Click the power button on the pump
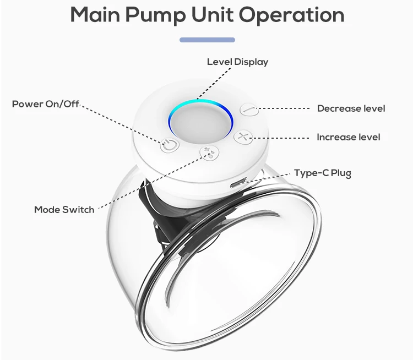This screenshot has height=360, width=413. click(x=169, y=145)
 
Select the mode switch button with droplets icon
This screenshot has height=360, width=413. click(x=208, y=153)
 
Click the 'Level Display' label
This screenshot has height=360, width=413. click(x=237, y=62)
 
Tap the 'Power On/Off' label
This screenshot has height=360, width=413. click(x=46, y=103)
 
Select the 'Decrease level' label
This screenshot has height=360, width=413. click(x=351, y=108)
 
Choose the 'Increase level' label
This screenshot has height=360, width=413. click(x=348, y=137)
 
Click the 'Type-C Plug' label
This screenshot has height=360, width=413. click(x=322, y=173)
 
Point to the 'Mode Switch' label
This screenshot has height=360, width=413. click(x=64, y=210)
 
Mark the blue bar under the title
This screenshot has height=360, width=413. click(x=207, y=40)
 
